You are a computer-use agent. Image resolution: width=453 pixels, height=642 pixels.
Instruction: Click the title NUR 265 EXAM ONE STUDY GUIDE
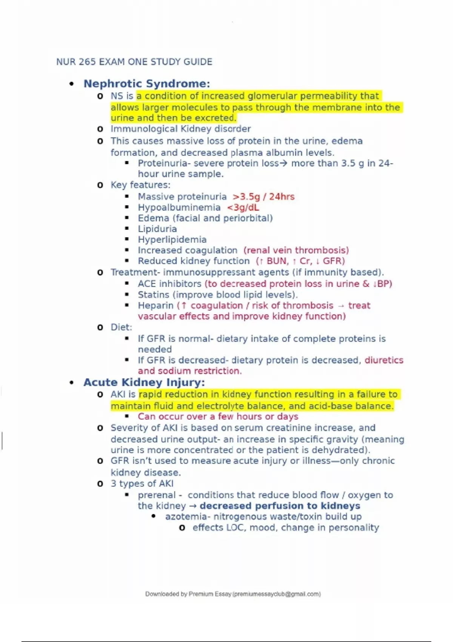point(134,62)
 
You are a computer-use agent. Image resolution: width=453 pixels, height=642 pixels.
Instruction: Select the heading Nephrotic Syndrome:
point(146,83)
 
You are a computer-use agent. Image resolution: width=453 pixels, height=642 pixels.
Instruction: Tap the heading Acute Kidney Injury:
point(144,382)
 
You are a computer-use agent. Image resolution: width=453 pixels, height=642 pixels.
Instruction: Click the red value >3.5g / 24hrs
point(263,197)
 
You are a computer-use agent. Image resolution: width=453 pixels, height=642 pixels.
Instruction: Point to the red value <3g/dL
point(243,207)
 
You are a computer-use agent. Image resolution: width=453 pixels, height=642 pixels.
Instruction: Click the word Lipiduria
point(157,229)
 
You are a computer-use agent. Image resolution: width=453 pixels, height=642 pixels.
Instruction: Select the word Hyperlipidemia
point(172,239)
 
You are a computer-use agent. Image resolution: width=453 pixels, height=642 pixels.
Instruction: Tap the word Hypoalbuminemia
point(179,207)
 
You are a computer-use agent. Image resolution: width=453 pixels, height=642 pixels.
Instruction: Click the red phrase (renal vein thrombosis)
point(296,250)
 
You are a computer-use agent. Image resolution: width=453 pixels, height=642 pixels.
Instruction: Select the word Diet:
point(121,327)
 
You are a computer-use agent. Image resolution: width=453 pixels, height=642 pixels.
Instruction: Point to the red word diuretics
point(384,360)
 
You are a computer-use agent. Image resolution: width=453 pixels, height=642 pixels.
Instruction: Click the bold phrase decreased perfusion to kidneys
point(280,506)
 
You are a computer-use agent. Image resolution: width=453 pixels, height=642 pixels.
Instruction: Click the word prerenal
point(157,495)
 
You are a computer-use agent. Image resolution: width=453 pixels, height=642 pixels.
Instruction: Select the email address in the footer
point(276,594)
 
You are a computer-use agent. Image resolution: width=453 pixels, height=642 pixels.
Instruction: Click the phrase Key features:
point(140,185)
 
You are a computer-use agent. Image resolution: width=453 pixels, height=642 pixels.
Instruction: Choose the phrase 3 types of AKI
point(142,483)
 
